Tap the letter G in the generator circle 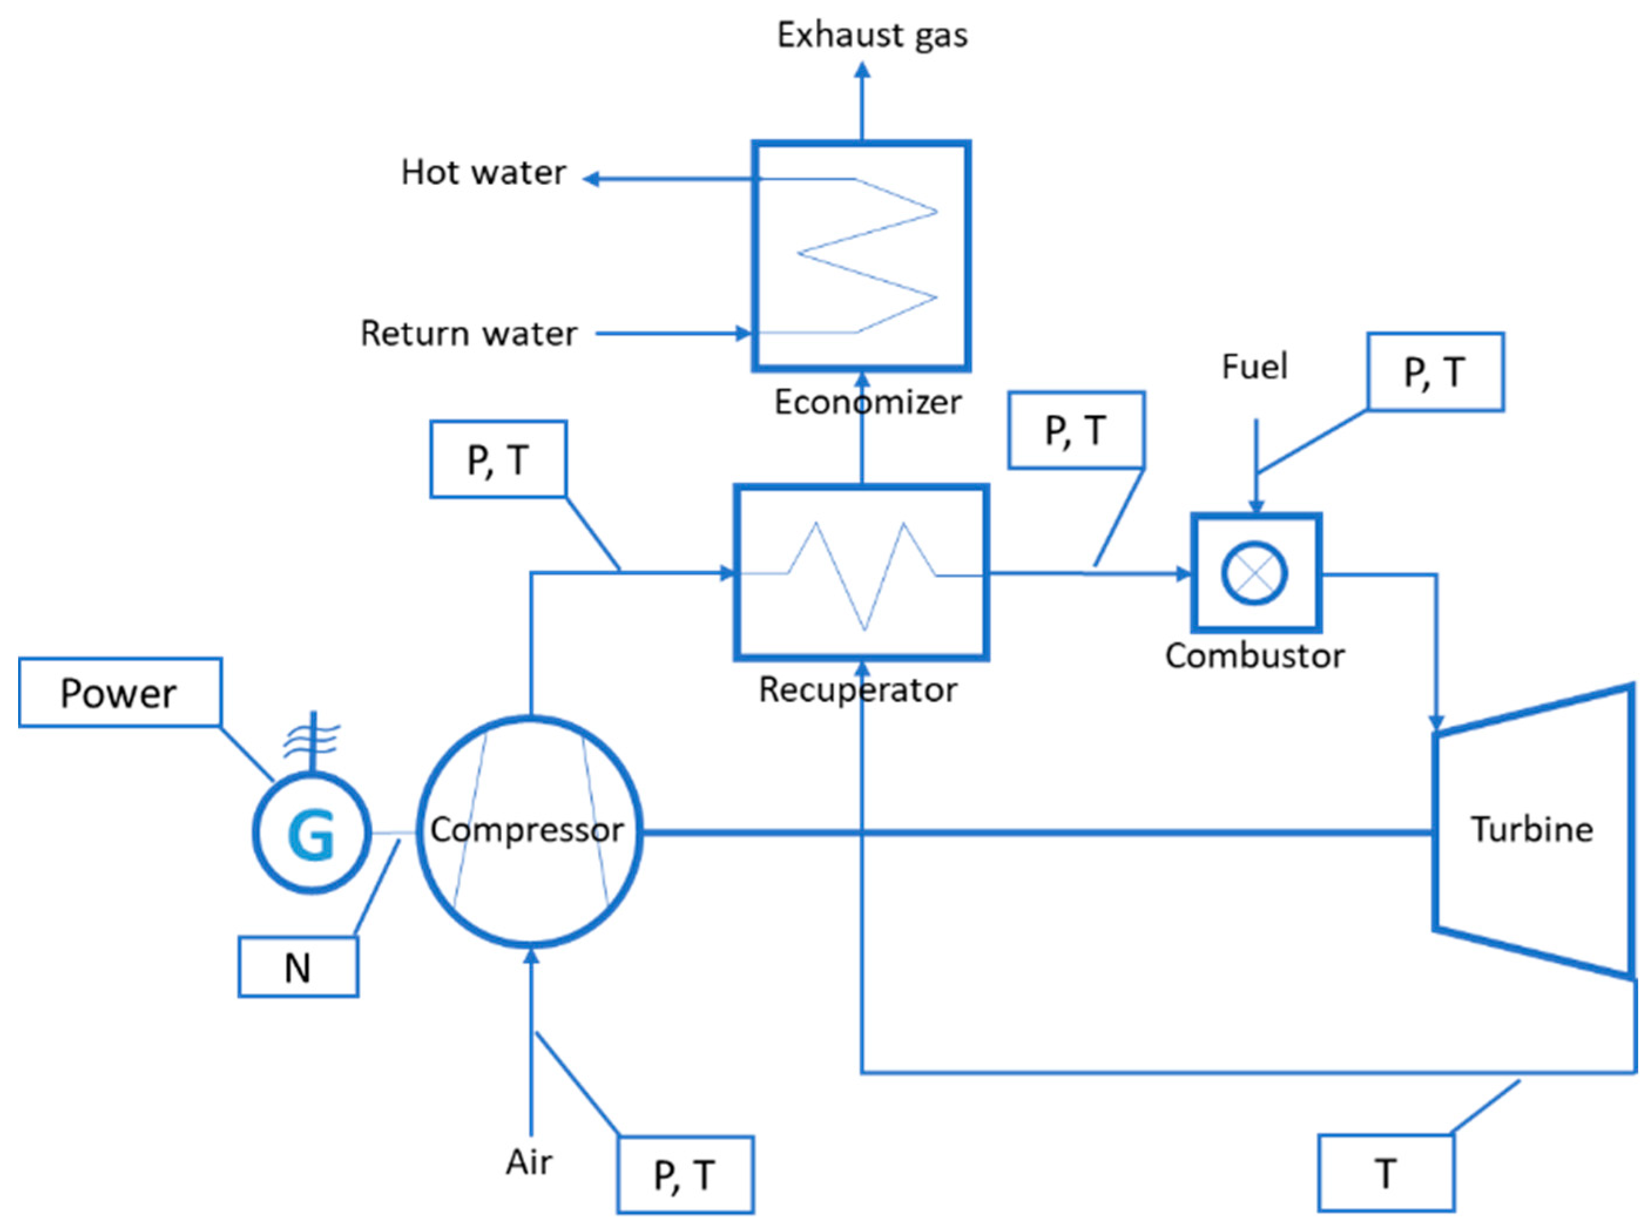click(311, 834)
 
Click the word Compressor click(527, 830)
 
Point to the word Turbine click(1532, 829)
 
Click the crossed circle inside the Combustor click(1255, 573)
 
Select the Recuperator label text click(857, 690)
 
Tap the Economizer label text click(868, 402)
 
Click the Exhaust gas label click(872, 35)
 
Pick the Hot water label click(484, 172)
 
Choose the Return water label click(469, 333)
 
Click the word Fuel click(1255, 367)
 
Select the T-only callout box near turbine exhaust click(1386, 1174)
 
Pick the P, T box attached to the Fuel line click(1435, 372)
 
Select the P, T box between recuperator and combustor click(1076, 431)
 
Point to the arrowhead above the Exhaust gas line click(862, 70)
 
